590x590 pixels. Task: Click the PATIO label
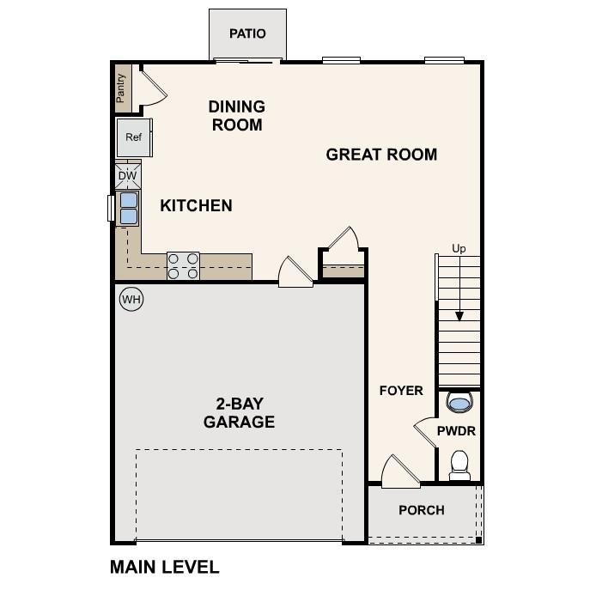point(247,33)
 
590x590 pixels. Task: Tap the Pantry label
point(121,87)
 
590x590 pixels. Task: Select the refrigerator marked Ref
point(133,137)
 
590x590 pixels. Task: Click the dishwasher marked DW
point(127,176)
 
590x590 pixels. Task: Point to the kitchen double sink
point(128,208)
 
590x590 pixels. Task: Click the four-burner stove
point(183,265)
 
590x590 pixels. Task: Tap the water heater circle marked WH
point(131,299)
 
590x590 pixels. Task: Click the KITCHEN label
point(196,205)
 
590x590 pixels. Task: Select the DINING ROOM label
point(236,115)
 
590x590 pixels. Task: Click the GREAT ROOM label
point(381,155)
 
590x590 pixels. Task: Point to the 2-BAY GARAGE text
point(239,412)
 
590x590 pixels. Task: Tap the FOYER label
point(401,391)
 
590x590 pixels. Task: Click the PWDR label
point(456,431)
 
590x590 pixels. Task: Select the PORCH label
point(422,510)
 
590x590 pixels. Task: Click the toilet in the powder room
point(459,464)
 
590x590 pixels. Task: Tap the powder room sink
point(459,402)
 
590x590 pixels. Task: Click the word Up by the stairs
point(459,249)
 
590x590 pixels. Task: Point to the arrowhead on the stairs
point(459,316)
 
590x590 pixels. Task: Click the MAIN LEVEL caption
point(165,567)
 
